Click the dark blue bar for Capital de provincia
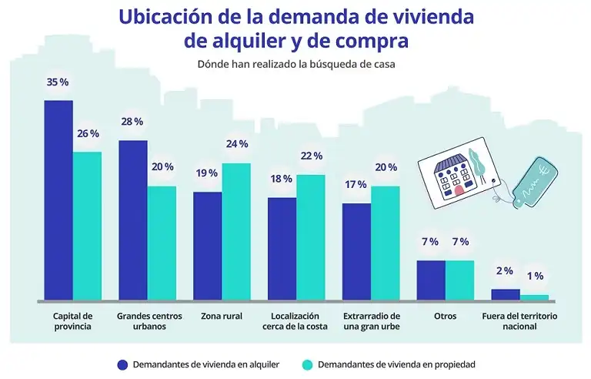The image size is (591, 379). point(58,200)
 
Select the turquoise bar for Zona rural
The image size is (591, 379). point(237,231)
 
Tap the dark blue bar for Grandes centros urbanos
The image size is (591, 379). point(132,220)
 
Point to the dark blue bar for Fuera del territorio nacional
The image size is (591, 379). point(506,294)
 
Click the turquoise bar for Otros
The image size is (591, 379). point(460,280)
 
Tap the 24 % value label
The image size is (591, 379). point(237,144)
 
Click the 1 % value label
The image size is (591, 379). point(535,276)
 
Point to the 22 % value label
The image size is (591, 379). point(311,156)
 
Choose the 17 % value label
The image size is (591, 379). point(356,185)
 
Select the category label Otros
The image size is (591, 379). point(445,316)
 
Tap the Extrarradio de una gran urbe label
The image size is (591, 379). point(371,321)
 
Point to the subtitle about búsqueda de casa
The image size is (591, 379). point(295,65)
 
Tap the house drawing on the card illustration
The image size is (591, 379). point(450,176)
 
